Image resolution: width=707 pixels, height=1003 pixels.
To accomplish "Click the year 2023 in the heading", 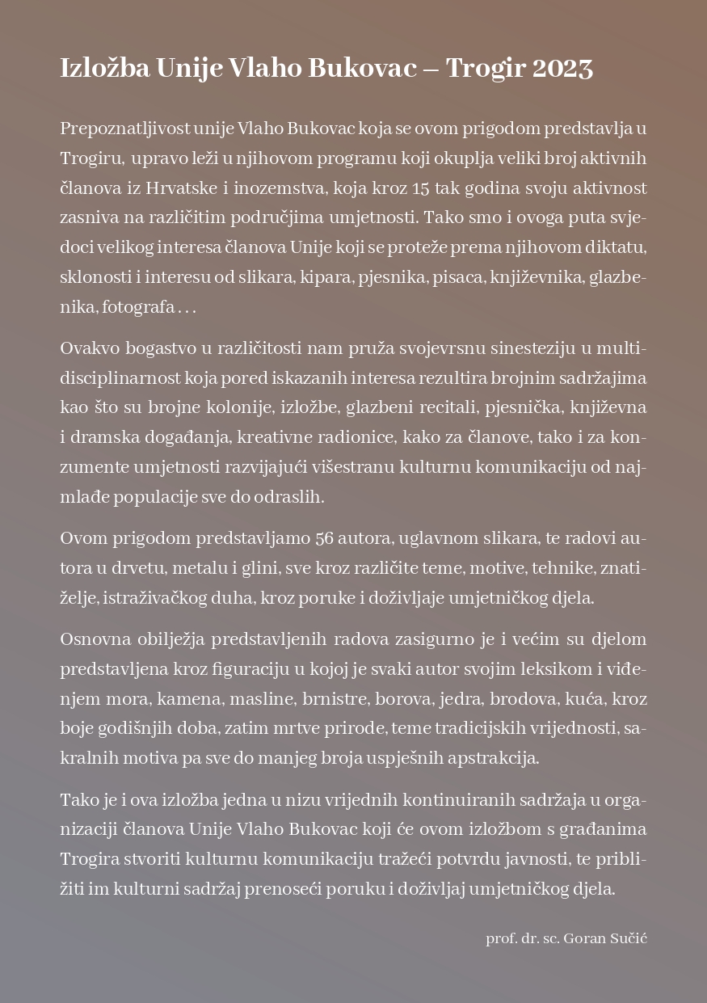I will coord(562,69).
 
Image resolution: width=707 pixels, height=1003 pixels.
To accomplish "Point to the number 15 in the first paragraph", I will coord(420,188).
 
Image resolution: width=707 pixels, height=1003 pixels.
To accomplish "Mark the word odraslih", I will coord(288,497).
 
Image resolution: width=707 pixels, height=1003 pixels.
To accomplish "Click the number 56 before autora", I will coord(326,538).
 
